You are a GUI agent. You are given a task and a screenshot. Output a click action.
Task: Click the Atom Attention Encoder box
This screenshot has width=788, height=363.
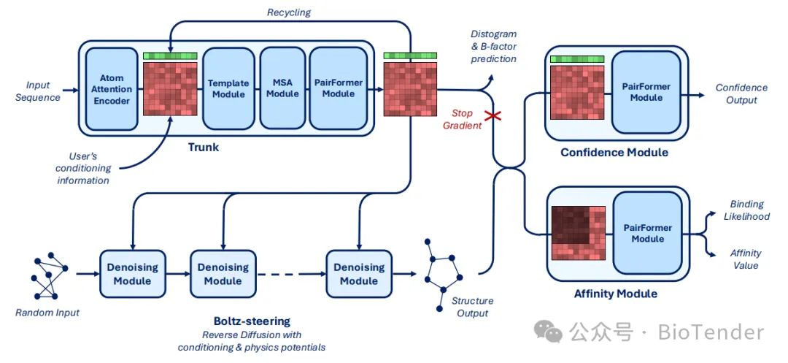(x=112, y=88)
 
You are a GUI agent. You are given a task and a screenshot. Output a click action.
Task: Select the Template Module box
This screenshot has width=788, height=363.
(x=226, y=88)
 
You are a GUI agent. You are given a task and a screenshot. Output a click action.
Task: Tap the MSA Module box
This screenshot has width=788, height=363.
(x=283, y=88)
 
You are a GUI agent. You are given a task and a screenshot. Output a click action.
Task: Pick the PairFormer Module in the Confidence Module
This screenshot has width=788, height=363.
(x=646, y=91)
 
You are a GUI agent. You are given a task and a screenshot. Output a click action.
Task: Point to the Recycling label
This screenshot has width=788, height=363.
(x=289, y=12)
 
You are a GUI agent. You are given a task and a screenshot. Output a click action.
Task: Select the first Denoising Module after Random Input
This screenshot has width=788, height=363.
(x=132, y=274)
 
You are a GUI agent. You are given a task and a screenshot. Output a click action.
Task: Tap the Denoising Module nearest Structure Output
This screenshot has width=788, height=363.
(x=359, y=274)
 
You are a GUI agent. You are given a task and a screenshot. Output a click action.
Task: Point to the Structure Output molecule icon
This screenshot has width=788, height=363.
(x=442, y=274)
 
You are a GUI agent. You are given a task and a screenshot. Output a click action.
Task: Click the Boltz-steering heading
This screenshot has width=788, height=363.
(x=251, y=321)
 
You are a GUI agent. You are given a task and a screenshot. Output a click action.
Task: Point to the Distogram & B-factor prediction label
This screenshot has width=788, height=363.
(x=493, y=47)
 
